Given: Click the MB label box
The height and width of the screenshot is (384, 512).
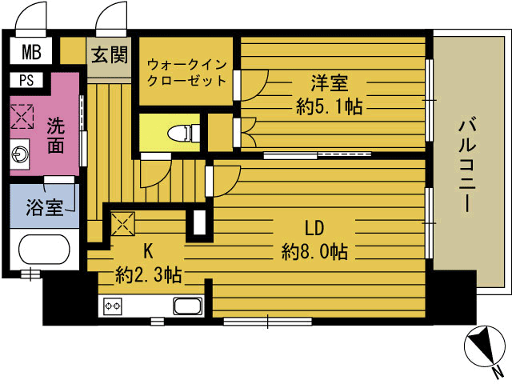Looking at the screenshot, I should (31, 54).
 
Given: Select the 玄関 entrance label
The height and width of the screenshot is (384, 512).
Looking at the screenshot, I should (109, 56).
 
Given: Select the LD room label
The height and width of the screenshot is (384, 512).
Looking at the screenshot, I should (314, 226).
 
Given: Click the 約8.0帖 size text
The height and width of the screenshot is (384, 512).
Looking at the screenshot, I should (314, 252).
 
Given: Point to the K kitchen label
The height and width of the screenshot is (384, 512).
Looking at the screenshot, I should (147, 250).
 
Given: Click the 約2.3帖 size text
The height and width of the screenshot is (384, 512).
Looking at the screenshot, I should (148, 276).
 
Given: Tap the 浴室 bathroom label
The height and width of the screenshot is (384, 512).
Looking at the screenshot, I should (44, 207).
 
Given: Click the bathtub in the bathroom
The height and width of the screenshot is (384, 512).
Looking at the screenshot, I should (44, 250).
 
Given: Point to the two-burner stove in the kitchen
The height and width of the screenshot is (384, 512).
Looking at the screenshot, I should (112, 306).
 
